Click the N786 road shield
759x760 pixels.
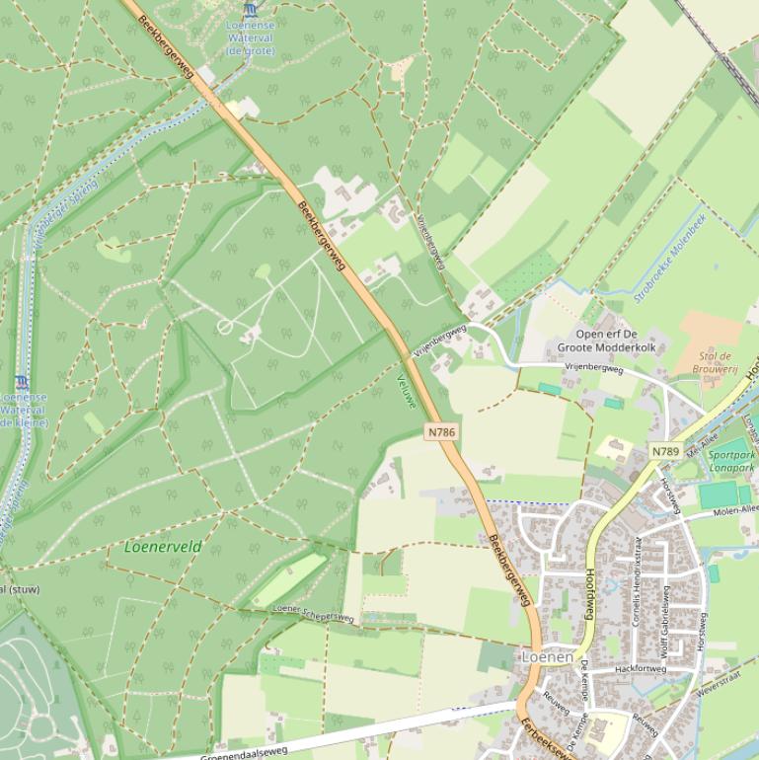440,431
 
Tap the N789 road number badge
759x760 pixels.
665,452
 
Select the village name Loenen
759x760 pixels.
547,655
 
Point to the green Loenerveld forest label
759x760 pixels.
163,546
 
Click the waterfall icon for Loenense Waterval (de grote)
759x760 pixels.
250,9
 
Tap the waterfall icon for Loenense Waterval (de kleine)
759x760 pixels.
22,382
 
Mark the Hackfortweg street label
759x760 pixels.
642,668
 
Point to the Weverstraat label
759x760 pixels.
718,684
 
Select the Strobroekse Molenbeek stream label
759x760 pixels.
670,261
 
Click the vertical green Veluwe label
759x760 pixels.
406,392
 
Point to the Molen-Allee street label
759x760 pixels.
736,509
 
